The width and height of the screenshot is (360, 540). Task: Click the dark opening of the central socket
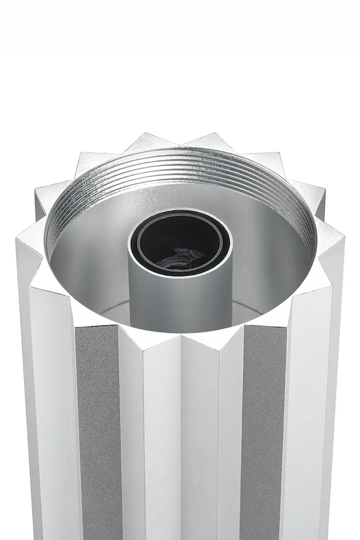tap(179, 242)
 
